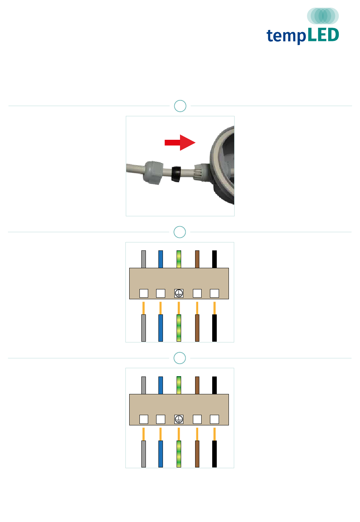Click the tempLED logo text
tap(302, 36)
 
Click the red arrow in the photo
tap(180, 142)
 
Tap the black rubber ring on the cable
tap(176, 174)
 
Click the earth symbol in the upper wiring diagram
tap(178, 293)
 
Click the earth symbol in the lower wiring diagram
tap(178, 419)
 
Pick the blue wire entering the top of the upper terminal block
tap(160, 259)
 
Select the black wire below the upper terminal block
tap(214, 328)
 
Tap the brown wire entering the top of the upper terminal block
tap(197, 259)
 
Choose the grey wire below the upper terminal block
tap(143, 328)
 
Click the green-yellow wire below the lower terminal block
tap(178, 454)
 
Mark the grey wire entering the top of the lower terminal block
tap(143, 385)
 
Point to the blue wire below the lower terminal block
tap(160, 454)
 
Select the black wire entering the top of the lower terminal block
tap(214, 385)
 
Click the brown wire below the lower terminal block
tap(197, 454)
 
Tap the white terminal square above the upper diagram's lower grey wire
tap(144, 293)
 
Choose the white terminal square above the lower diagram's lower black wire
tap(214, 419)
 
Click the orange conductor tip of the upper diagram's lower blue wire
tap(160, 308)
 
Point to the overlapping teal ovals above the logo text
tap(323, 16)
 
